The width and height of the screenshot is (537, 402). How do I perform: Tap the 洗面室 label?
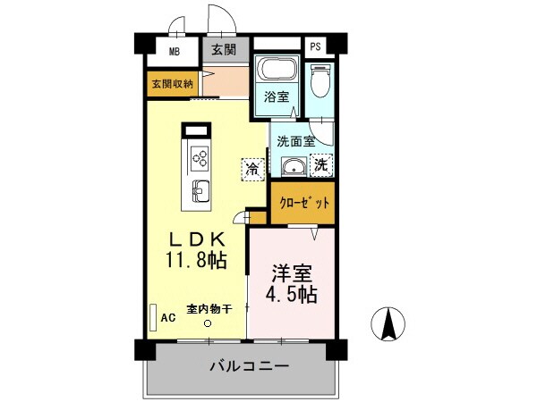point(294,140)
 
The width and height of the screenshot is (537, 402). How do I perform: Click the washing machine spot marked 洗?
point(320,164)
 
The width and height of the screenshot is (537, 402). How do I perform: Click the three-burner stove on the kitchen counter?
point(200,159)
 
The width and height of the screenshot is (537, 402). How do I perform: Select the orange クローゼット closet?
point(303,203)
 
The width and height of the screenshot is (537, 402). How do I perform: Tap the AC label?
point(166,317)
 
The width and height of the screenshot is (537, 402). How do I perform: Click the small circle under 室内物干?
point(208,323)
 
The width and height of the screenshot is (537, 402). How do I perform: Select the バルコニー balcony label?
point(249,367)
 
